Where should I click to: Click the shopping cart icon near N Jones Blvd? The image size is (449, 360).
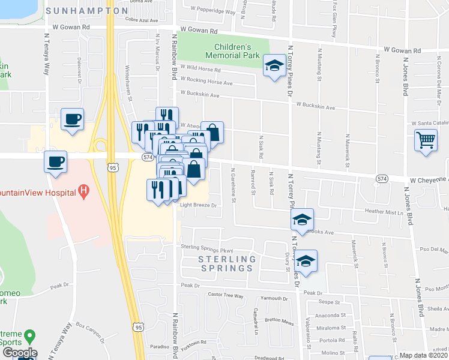pyautogui.click(x=426, y=140)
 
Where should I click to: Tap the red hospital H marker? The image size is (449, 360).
pyautogui.click(x=84, y=192)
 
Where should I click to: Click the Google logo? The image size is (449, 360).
pyautogui.click(x=19, y=353)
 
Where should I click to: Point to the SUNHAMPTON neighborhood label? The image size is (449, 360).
pyautogui.click(x=87, y=11)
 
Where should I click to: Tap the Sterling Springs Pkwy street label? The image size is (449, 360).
pyautogui.click(x=206, y=247)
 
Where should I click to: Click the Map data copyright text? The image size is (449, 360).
pyautogui.click(x=423, y=355)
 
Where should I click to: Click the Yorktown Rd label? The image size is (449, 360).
pyautogui.click(x=195, y=343)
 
